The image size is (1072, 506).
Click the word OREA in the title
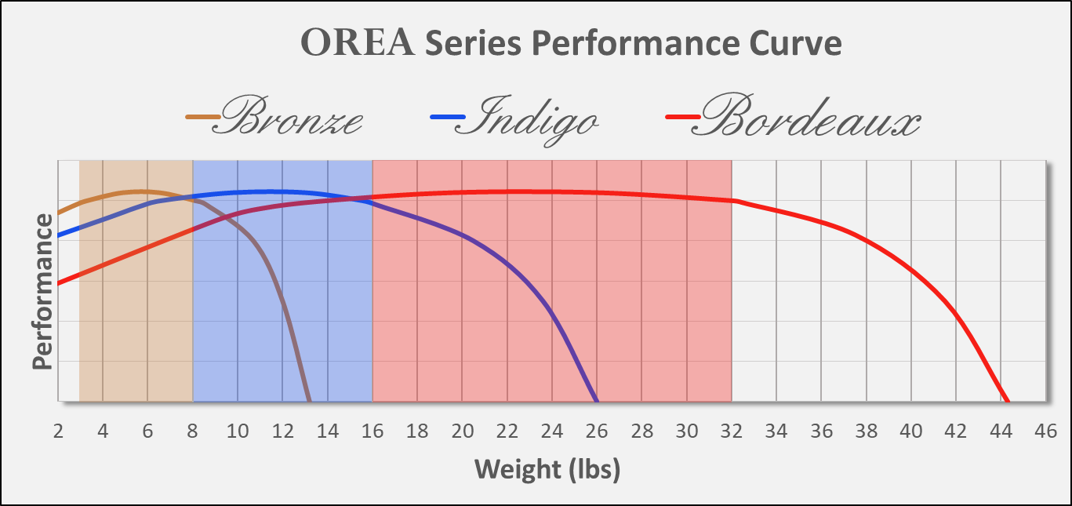click(358, 44)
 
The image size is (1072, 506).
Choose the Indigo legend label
click(532, 118)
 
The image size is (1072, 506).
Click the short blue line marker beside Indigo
click(442, 118)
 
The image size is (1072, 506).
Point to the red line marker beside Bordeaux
click(679, 118)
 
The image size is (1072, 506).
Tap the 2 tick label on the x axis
click(58, 431)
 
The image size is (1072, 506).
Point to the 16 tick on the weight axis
click(372, 431)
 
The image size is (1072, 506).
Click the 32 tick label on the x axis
click(732, 431)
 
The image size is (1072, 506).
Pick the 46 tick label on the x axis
click(1046, 431)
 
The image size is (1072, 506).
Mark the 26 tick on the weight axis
click(597, 431)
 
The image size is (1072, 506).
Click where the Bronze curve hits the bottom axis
click(310, 400)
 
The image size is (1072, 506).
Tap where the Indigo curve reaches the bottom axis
click(598, 400)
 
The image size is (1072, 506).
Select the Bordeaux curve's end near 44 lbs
click(1008, 400)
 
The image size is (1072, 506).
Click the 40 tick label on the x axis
click(911, 431)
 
